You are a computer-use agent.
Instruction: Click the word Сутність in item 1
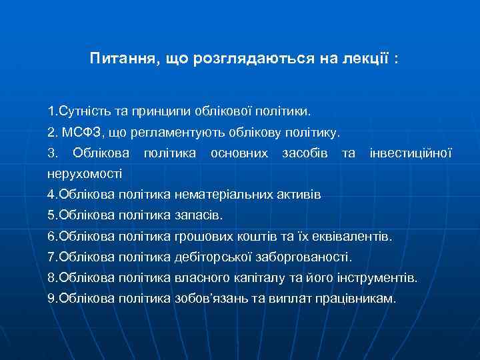(85, 108)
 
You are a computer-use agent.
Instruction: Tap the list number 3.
(53, 153)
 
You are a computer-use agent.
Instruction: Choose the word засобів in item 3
(304, 153)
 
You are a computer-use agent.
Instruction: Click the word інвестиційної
(410, 153)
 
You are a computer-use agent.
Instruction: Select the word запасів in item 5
(198, 215)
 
